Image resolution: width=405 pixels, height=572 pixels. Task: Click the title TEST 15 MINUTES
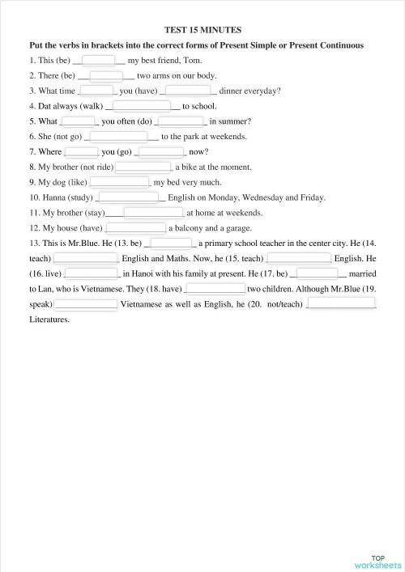(x=202, y=29)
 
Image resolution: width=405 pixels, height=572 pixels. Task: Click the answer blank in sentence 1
(x=100, y=60)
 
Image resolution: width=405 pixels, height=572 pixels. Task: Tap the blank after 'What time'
(x=96, y=91)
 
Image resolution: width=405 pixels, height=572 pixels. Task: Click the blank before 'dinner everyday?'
(x=188, y=91)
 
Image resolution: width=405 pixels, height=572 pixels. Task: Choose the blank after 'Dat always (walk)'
(x=141, y=105)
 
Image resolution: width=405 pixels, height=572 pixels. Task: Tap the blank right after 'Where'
(x=81, y=151)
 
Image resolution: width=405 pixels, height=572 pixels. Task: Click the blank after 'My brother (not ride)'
(x=143, y=167)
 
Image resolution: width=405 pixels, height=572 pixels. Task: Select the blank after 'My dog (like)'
(x=119, y=182)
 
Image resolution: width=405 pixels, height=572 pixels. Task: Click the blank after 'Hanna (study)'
(x=128, y=197)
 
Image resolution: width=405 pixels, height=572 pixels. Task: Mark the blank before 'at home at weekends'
(x=154, y=213)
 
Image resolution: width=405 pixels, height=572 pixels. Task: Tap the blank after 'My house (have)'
(x=136, y=227)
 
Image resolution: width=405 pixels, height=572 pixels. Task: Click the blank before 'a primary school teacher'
(x=170, y=243)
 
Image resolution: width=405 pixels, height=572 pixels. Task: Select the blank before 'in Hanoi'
(x=91, y=273)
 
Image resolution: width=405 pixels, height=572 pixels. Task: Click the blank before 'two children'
(x=215, y=288)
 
